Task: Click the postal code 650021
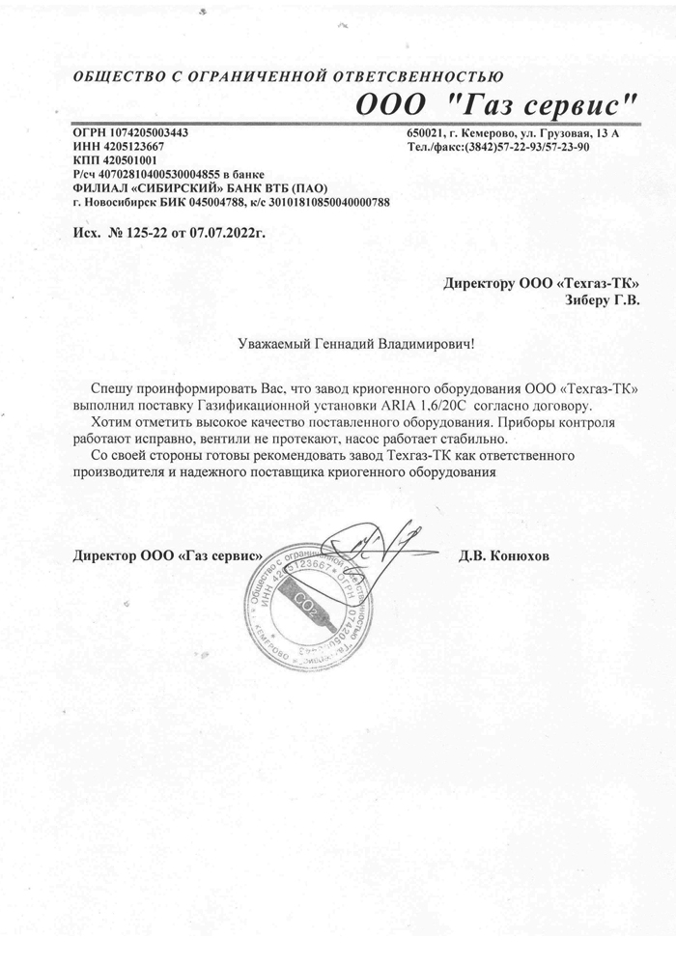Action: tap(425, 132)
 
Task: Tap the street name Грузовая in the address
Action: tap(565, 132)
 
